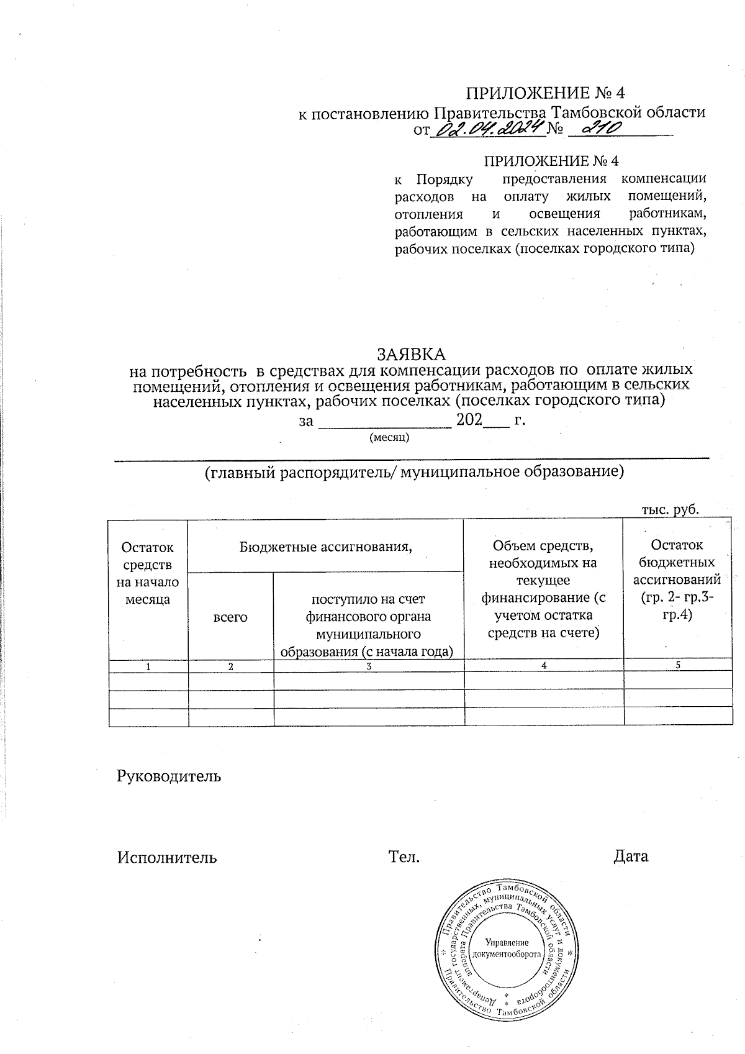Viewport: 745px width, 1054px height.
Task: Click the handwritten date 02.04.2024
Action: tap(487, 130)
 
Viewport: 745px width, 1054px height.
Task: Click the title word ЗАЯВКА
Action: tap(412, 355)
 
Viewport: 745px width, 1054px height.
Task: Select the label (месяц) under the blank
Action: tap(389, 437)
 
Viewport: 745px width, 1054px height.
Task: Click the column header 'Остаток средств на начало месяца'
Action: tap(148, 573)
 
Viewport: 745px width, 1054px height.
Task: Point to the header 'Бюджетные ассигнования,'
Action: tap(326, 547)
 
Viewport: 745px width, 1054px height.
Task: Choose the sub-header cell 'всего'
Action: tap(230, 617)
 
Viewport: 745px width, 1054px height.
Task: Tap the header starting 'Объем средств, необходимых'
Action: tap(543, 589)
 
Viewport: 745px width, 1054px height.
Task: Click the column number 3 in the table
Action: tap(369, 666)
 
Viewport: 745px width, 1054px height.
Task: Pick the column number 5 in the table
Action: tap(678, 665)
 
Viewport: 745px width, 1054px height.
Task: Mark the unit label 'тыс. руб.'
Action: tap(670, 510)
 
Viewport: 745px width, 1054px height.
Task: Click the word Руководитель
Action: tap(169, 776)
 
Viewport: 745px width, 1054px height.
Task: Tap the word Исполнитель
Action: tap(167, 858)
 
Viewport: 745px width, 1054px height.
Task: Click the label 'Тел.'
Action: tap(404, 858)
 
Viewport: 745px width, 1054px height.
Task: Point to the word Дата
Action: tap(631, 857)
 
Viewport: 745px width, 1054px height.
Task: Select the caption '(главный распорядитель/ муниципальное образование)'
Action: tap(414, 472)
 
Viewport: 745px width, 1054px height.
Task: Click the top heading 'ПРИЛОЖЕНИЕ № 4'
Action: tap(546, 93)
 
